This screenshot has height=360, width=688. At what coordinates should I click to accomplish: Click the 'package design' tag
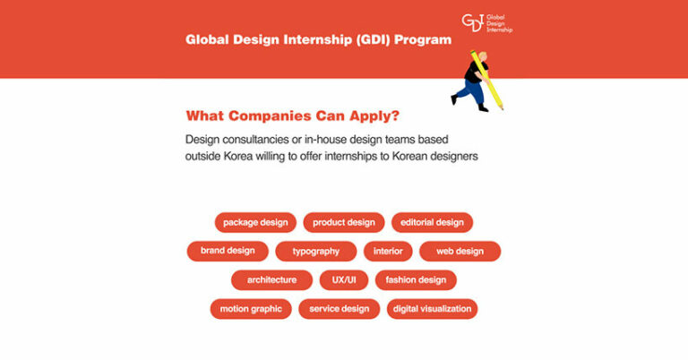pos(255,222)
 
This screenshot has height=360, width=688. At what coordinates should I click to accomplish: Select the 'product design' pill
pos(344,222)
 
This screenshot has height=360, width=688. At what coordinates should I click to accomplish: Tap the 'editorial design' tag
pos(432,222)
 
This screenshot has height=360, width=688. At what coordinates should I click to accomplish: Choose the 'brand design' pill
pos(228,251)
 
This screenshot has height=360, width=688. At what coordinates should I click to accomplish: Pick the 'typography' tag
pos(316,252)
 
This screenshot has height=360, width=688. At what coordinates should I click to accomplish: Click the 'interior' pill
pos(388,252)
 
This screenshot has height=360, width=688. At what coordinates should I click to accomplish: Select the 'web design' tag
pos(460,252)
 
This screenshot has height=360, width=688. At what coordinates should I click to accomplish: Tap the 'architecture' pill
pos(271,280)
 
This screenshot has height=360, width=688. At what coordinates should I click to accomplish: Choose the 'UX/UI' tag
pos(344,280)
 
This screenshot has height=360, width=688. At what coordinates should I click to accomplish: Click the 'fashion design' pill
pos(416,280)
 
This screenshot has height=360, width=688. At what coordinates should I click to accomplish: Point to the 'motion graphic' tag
pos(251,309)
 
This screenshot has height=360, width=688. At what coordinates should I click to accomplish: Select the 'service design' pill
pos(339,309)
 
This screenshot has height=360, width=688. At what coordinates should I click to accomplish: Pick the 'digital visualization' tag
pos(432,309)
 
